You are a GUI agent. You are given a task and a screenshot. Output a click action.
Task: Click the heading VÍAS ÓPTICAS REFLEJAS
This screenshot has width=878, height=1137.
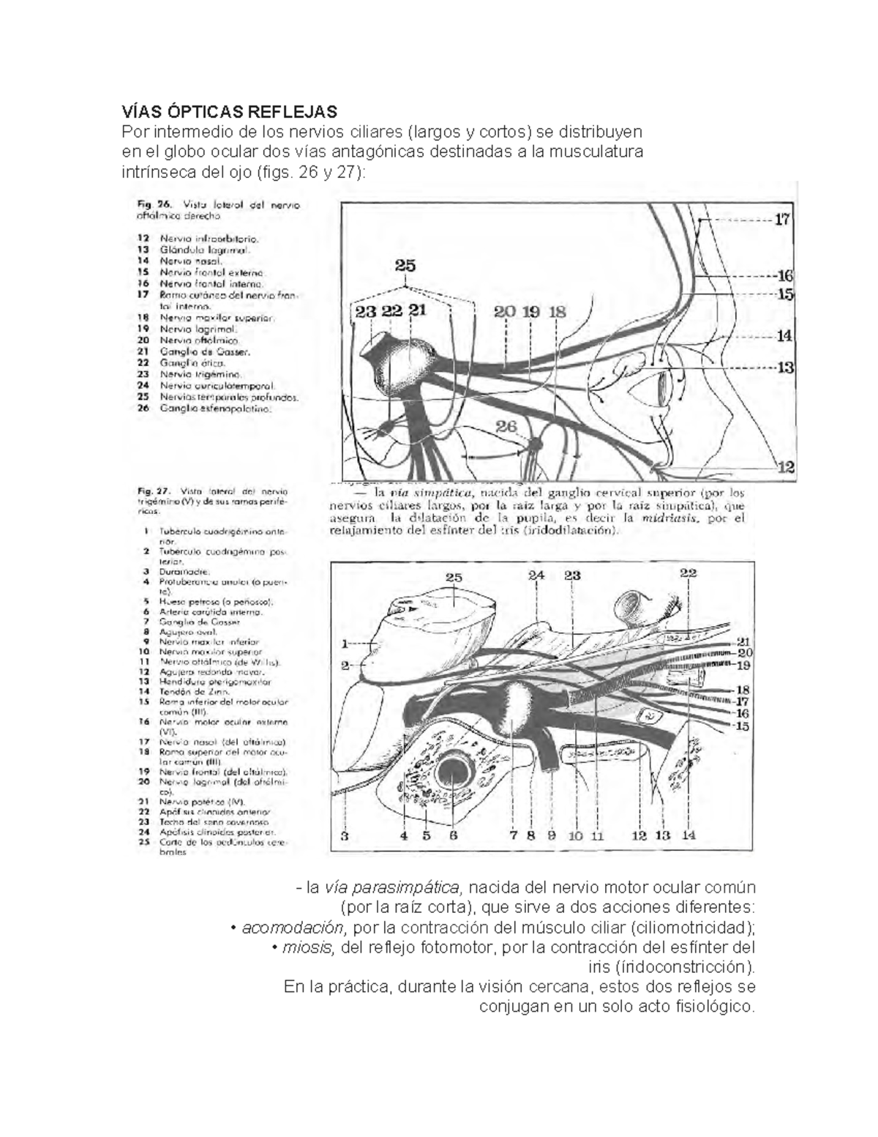[x=230, y=112]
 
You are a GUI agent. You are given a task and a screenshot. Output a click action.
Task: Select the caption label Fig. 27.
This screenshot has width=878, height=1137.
[x=154, y=491]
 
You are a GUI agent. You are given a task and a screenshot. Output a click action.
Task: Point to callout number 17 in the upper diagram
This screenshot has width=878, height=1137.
[x=782, y=218]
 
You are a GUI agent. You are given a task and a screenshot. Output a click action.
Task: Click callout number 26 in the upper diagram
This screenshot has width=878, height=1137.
[x=506, y=426]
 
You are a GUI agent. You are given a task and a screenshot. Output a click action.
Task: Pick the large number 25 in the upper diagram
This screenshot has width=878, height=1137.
[x=405, y=266]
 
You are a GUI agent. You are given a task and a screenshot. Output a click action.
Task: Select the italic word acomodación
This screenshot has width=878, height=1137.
[x=292, y=928]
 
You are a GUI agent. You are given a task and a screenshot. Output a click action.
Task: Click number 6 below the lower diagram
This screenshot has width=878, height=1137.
[x=454, y=835]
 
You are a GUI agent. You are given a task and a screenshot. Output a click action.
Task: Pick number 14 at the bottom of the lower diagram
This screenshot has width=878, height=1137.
[x=688, y=835]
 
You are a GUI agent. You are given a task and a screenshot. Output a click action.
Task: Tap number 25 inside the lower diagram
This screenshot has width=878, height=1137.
[x=453, y=577]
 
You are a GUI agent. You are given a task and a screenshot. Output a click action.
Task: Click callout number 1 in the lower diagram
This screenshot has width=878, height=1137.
[x=345, y=645]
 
